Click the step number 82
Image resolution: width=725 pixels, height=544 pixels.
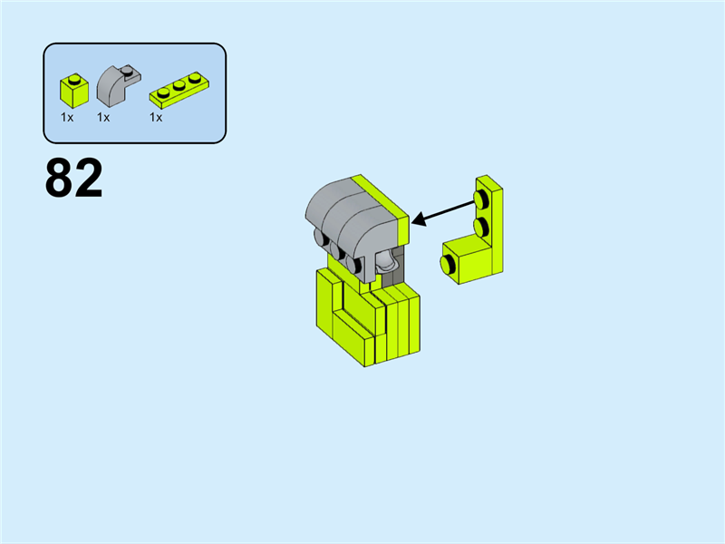tap(74, 178)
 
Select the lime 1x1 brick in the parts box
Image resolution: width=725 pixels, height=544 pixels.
tap(74, 91)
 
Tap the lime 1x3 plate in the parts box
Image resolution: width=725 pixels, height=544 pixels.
tap(179, 90)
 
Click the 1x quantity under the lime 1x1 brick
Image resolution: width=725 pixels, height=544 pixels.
tap(67, 118)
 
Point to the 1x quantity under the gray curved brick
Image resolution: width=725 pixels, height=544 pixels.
tap(103, 118)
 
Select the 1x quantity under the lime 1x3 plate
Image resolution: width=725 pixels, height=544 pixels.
tap(156, 118)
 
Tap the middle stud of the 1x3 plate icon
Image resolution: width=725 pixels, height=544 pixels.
tap(179, 85)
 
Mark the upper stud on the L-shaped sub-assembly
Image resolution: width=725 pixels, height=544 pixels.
tap(481, 199)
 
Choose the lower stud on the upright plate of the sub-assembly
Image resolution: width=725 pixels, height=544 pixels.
tap(481, 226)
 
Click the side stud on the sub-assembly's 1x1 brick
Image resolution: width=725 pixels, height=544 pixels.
tap(448, 265)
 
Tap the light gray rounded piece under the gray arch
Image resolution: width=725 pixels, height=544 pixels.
tap(387, 262)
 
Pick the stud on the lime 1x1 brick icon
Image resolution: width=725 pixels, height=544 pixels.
tap(74, 80)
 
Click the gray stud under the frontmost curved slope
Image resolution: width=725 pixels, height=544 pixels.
tap(354, 264)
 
